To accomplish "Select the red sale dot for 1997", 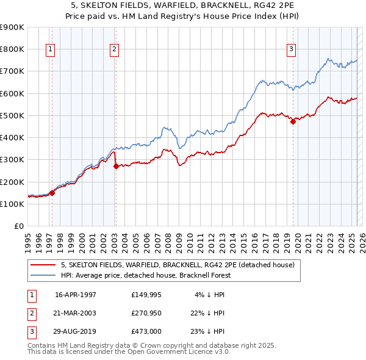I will tap(52, 193).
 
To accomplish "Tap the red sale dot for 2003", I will tap(116, 166).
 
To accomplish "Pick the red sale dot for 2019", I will tap(293, 121).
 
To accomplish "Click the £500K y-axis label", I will tap(13, 115).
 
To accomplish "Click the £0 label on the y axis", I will tap(18, 226).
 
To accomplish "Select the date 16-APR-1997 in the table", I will tap(76, 295).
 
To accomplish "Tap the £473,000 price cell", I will tap(146, 331).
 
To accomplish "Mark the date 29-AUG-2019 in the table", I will tap(76, 331).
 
